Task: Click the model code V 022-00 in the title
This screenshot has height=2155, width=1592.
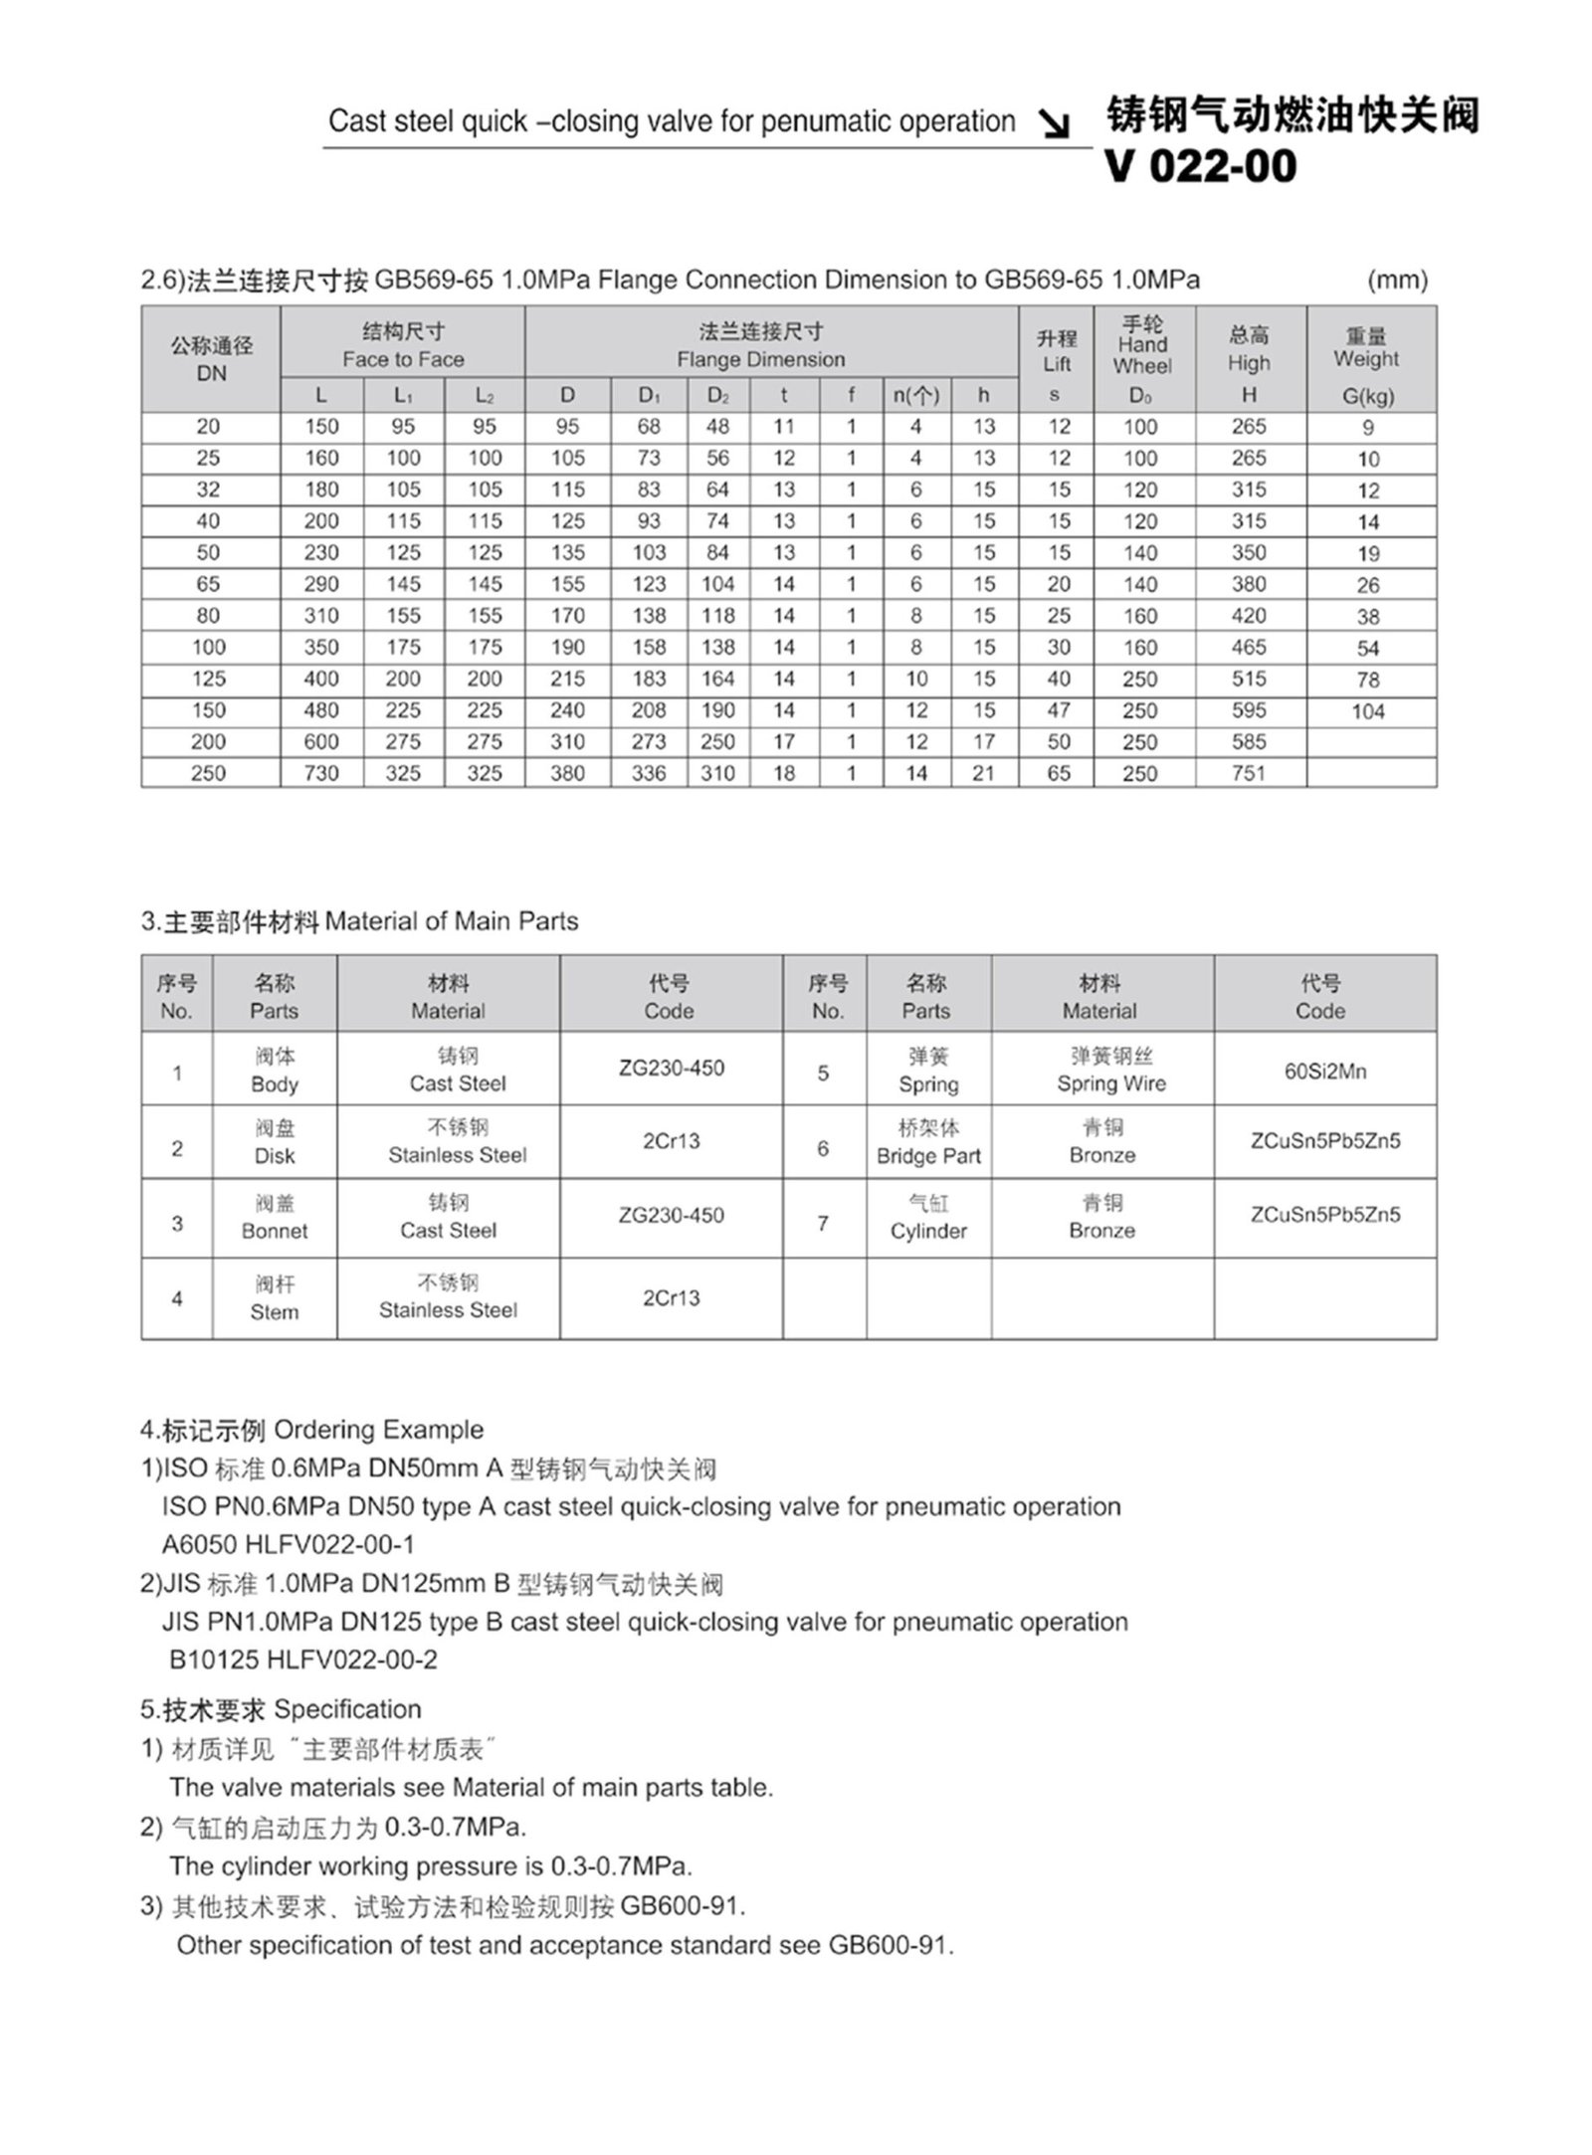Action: click(1200, 166)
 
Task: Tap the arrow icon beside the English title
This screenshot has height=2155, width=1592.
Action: click(1054, 124)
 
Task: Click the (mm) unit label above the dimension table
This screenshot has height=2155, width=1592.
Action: click(1397, 281)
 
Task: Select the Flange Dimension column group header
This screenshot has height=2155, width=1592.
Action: click(760, 345)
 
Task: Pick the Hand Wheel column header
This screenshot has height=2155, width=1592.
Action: click(1142, 345)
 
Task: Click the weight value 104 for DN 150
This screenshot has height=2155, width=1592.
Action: click(1368, 711)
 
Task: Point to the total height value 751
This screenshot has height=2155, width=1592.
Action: click(1249, 773)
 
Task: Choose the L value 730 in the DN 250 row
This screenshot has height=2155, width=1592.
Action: click(321, 773)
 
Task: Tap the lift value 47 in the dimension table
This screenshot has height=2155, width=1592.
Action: click(1058, 710)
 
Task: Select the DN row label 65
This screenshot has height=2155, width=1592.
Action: click(208, 584)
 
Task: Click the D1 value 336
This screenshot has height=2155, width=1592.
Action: click(649, 773)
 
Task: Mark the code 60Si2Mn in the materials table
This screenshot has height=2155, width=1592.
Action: click(1324, 1072)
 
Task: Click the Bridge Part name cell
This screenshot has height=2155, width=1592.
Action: click(928, 1142)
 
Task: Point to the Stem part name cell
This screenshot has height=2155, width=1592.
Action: click(274, 1298)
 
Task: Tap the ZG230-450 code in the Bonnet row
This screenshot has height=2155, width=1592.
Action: click(671, 1215)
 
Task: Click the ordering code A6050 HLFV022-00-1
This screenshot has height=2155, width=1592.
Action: click(289, 1544)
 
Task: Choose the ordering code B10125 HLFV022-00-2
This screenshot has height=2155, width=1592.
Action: click(303, 1660)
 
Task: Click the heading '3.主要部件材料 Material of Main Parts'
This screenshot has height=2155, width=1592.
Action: click(359, 921)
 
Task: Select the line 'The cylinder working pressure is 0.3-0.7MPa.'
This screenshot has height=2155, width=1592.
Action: click(430, 1865)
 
